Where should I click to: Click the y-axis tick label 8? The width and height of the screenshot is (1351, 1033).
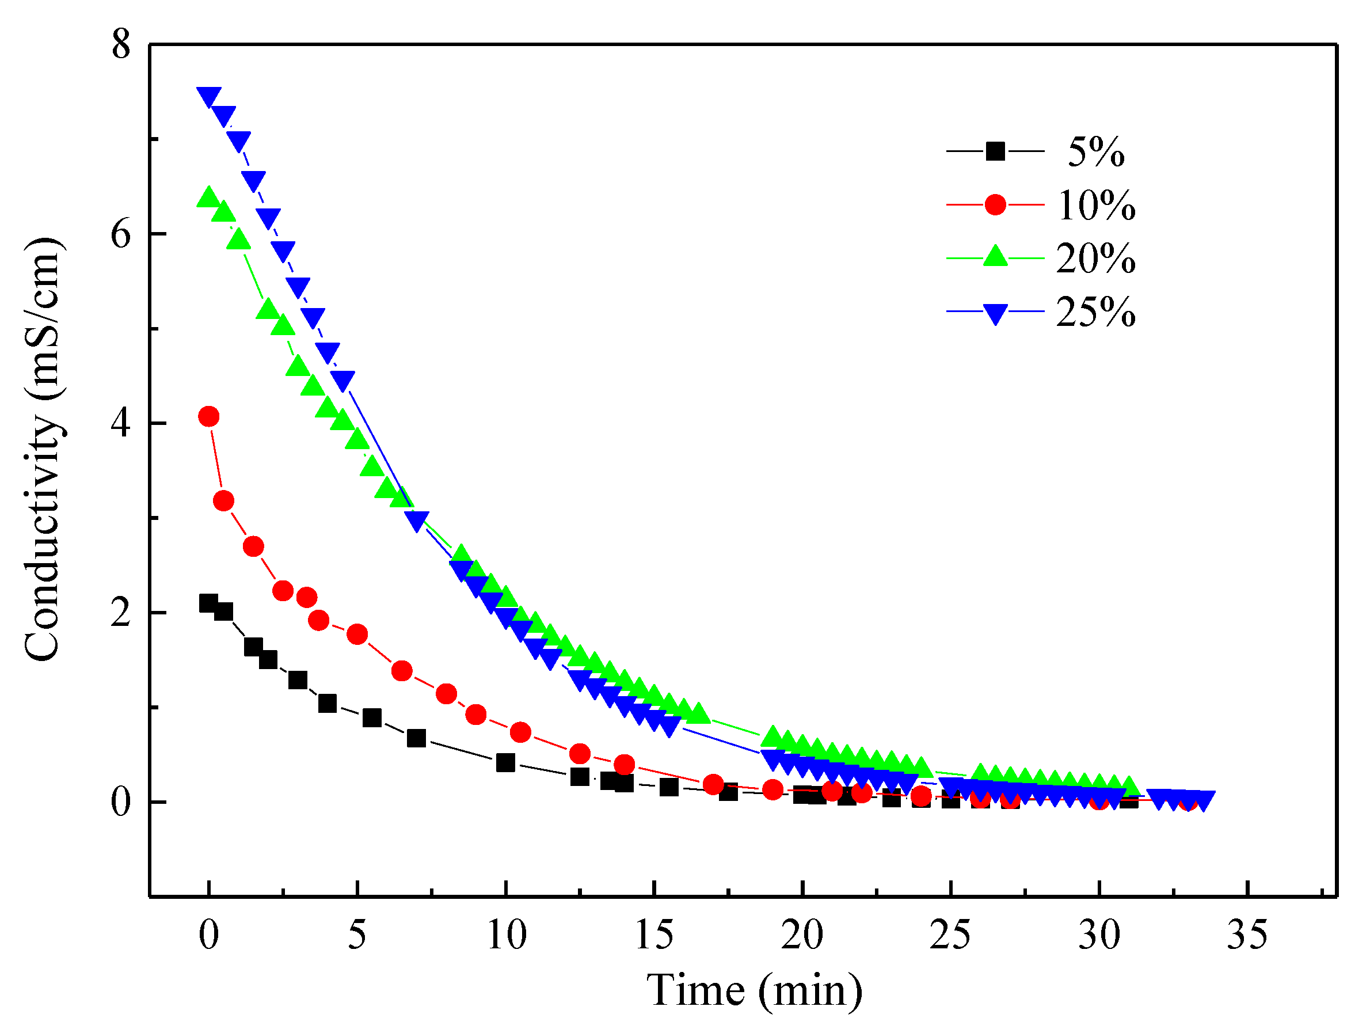pos(121,45)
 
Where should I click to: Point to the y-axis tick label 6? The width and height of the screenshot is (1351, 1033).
pos(121,235)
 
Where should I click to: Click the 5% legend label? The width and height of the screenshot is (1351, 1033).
pos(1095,152)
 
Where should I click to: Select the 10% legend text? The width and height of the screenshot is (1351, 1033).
pos(1095,206)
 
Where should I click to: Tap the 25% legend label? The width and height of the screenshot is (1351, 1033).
pos(1095,312)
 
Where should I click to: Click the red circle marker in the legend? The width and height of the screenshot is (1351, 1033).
pos(995,204)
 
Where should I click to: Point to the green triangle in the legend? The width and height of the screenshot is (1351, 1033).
pos(995,256)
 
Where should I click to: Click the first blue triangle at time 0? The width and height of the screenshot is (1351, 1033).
pos(209,96)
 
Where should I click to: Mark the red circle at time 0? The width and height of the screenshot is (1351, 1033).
pos(209,417)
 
